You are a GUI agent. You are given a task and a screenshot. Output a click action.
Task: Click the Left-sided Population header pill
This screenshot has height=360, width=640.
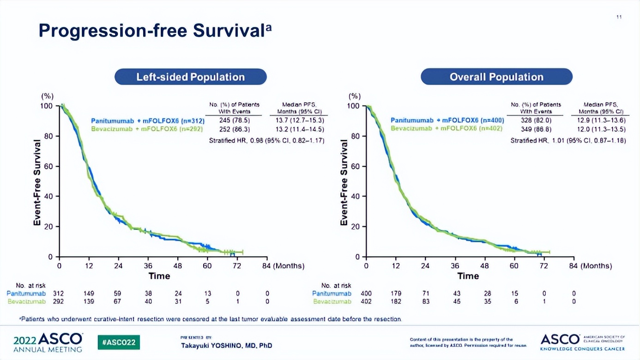tap(190, 77)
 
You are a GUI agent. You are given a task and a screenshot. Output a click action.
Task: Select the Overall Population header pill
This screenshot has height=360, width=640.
tap(496, 77)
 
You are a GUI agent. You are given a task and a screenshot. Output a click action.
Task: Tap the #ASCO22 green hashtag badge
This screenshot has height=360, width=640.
tap(119, 342)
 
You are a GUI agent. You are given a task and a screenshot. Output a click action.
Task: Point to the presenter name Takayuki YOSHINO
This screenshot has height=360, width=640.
tap(226, 345)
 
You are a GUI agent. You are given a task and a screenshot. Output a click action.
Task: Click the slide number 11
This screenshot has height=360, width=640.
tap(619, 17)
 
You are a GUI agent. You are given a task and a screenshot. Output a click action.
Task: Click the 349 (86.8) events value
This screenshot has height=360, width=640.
tap(536, 129)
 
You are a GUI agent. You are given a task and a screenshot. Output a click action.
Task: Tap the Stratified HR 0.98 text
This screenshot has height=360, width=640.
tap(266, 140)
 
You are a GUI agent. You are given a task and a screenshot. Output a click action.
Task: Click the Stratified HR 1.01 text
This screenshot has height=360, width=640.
tap(568, 140)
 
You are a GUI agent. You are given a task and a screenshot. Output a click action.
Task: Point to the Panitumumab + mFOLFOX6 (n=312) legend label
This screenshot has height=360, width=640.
tap(147, 121)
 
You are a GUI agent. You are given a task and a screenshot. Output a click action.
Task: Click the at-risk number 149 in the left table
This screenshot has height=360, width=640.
tap(89, 294)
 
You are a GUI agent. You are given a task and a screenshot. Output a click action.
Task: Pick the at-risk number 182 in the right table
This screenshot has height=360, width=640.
tap(396, 301)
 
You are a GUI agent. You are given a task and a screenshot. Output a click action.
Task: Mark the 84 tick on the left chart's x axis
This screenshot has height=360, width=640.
tap(267, 266)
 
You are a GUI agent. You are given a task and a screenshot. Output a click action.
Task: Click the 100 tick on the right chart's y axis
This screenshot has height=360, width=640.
tap(354, 106)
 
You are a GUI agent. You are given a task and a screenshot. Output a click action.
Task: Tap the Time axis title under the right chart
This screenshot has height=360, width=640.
tap(468, 276)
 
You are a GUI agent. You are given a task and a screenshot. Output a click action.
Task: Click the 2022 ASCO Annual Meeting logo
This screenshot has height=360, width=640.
tap(48, 342)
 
